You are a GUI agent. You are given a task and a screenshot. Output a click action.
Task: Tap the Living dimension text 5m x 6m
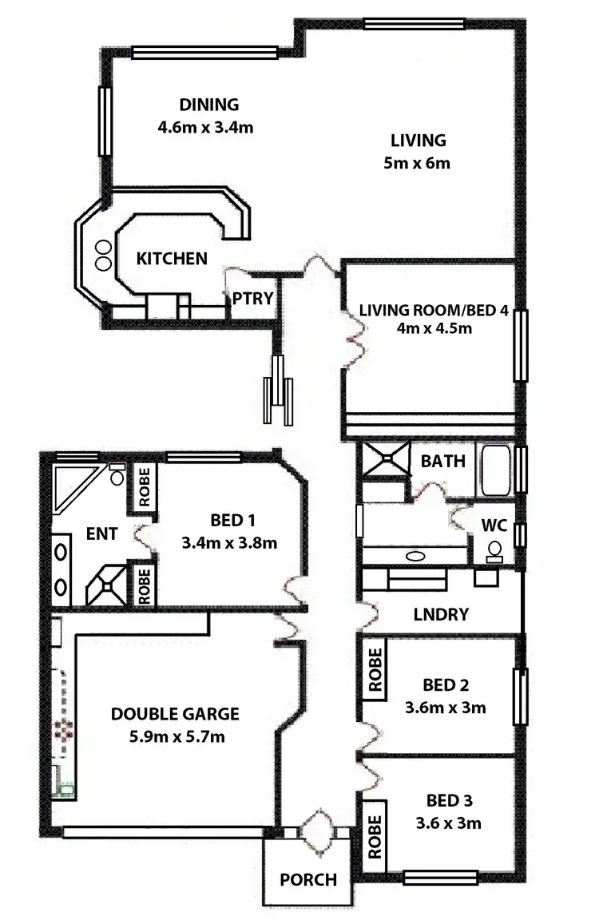click(417, 165)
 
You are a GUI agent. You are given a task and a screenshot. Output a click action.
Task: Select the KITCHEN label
click(172, 259)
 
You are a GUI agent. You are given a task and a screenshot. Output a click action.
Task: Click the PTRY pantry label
click(253, 299)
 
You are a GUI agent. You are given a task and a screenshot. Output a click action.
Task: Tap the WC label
click(494, 526)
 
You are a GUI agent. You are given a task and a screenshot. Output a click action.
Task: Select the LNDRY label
click(441, 614)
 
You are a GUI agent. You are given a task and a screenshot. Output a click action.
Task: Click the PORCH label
click(307, 879)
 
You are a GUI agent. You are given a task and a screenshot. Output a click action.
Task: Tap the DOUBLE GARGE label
click(175, 713)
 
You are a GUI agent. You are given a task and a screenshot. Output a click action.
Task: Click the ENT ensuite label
click(104, 534)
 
